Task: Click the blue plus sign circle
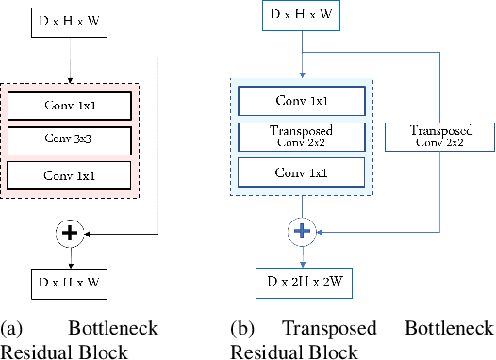[301, 229]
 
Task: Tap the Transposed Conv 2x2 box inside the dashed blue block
[302, 137]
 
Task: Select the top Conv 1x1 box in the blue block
[302, 101]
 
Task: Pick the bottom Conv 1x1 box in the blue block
[302, 172]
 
